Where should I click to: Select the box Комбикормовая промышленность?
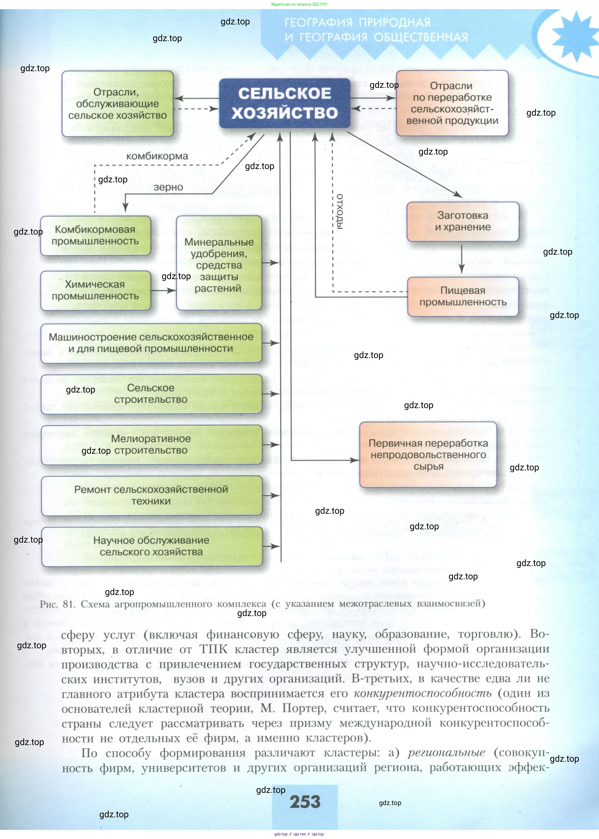coord(96,235)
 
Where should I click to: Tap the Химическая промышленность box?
coord(96,290)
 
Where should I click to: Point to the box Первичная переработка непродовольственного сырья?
coord(428,455)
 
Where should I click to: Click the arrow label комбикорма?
coord(157,156)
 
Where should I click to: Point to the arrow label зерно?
coord(168,187)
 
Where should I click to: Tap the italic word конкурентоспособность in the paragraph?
coord(422,693)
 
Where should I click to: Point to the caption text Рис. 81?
coord(58,604)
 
